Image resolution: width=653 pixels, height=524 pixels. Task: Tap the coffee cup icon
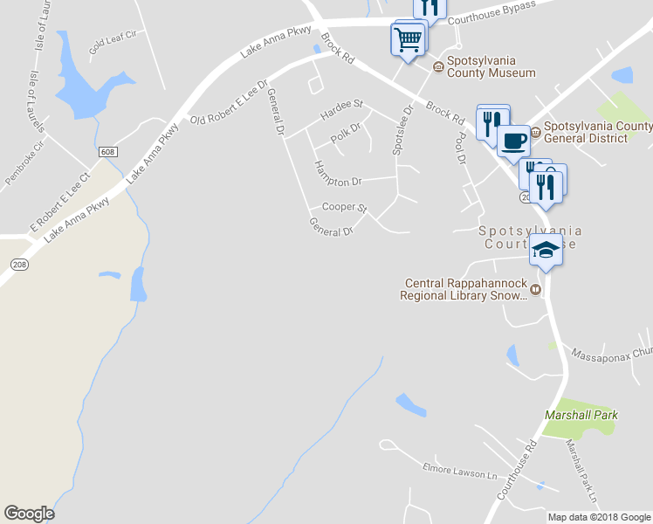click(x=513, y=139)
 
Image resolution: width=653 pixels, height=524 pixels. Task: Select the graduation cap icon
click(x=546, y=250)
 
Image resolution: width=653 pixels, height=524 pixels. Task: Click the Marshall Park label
click(x=581, y=415)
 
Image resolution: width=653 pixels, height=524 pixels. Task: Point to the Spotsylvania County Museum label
click(x=491, y=67)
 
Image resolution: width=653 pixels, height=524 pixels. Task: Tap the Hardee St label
click(x=341, y=109)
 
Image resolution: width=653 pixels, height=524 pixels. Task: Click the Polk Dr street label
click(x=346, y=134)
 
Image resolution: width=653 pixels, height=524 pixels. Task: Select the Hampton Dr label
click(x=337, y=175)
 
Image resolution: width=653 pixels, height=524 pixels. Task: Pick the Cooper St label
click(x=344, y=208)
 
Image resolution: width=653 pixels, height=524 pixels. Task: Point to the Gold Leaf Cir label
click(x=113, y=38)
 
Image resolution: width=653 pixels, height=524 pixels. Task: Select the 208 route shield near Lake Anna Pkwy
click(x=19, y=263)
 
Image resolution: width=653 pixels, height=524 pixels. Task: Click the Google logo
click(x=29, y=514)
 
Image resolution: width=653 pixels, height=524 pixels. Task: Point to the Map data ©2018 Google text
click(x=599, y=517)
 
